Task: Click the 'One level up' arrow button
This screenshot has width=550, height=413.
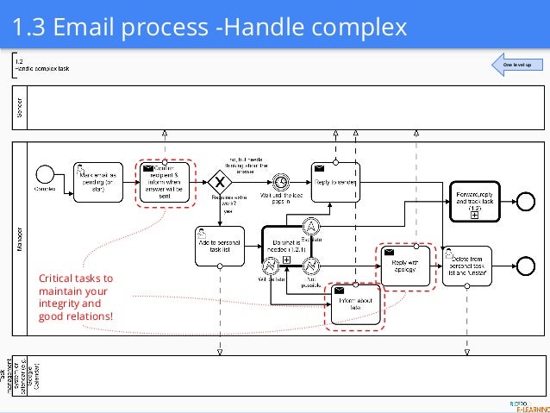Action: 514,65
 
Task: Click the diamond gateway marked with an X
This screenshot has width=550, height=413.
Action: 222,181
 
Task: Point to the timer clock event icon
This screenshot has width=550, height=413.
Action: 280,181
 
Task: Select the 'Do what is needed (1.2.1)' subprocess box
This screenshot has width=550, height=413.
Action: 285,247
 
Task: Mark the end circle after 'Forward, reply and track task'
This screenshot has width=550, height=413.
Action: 528,200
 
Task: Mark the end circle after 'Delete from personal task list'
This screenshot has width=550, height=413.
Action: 528,264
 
